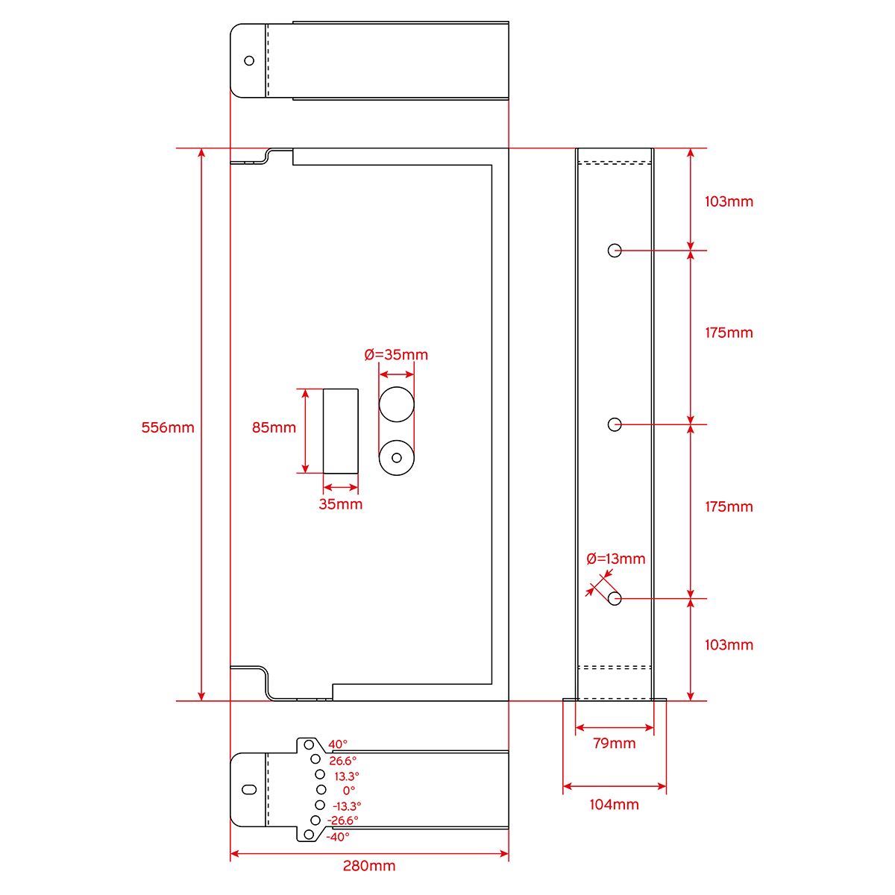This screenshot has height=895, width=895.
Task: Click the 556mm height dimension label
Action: (x=168, y=427)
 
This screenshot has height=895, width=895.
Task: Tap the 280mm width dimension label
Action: (x=369, y=866)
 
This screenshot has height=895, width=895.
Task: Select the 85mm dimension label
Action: (x=274, y=427)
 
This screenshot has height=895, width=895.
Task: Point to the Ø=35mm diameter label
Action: (x=396, y=355)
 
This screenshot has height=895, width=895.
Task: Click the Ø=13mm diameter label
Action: (x=616, y=559)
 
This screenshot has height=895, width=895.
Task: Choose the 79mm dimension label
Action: (x=614, y=743)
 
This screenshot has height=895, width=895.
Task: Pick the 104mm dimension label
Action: (x=614, y=805)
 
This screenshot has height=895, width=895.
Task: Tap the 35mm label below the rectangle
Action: (x=340, y=504)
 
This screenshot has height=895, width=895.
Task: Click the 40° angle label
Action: (x=338, y=744)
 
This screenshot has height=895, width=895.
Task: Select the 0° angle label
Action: (x=349, y=790)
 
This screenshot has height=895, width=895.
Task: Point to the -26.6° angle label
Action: (x=343, y=820)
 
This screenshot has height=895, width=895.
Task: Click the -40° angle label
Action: (x=338, y=837)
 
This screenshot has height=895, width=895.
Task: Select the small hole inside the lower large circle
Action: (x=397, y=458)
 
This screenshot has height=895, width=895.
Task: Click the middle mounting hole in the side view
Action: (x=615, y=424)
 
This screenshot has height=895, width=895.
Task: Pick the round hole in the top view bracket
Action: (x=249, y=60)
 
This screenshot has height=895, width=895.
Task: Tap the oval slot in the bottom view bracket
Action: (x=249, y=790)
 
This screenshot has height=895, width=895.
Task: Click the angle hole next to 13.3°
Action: (x=320, y=774)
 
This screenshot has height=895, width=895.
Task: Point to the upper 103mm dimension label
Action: (x=729, y=201)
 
